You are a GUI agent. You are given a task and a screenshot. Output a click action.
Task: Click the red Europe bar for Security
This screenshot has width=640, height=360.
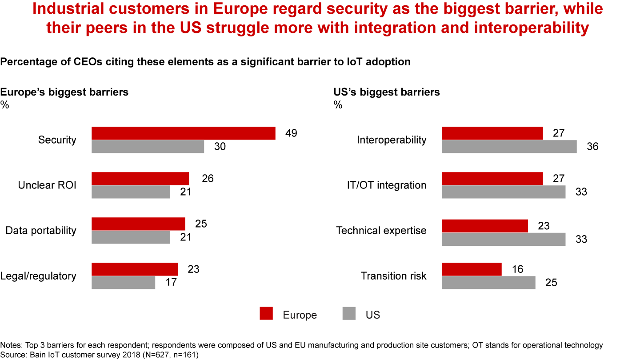[x=183, y=133]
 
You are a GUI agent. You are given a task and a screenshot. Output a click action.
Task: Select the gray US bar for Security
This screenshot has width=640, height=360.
[x=148, y=147]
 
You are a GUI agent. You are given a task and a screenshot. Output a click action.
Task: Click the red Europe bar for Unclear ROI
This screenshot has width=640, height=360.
[x=140, y=179]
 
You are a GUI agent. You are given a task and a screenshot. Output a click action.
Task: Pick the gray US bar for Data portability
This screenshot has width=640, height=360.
[x=131, y=237]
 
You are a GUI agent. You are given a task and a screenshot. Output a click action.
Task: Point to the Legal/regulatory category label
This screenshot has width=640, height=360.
[x=41, y=276]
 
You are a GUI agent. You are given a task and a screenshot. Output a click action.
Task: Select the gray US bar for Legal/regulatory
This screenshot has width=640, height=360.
[x=123, y=283]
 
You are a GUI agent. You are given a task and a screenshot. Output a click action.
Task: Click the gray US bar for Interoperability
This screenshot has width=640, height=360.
[x=509, y=147]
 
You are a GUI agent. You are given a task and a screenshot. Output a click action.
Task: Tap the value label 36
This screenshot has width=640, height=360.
[x=592, y=147]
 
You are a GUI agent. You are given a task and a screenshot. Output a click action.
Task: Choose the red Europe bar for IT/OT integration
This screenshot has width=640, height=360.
[x=492, y=179]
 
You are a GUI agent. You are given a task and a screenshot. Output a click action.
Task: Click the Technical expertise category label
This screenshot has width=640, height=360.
[x=381, y=231]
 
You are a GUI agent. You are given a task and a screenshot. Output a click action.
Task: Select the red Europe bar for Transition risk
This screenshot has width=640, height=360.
[x=472, y=269]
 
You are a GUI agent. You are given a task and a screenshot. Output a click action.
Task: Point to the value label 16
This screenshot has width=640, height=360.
[x=517, y=269]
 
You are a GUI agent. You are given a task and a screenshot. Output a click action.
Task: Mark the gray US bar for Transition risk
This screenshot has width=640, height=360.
[x=488, y=283]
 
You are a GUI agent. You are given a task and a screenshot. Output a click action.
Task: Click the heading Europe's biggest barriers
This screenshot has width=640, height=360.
[x=64, y=92]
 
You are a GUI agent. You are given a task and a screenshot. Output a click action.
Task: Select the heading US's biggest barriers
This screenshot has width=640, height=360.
[x=387, y=92]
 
